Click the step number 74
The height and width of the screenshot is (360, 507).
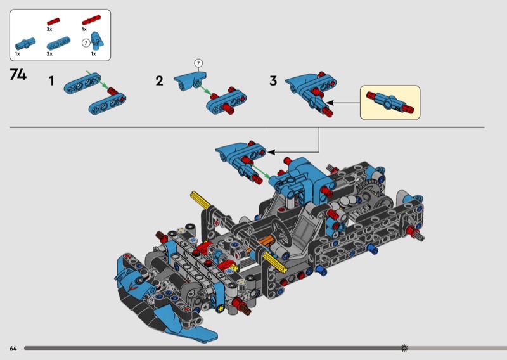tap(18, 75)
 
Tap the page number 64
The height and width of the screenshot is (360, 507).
tap(13, 349)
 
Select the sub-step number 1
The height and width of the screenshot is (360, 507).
tap(51, 80)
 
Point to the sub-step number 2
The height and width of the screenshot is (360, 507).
tap(159, 81)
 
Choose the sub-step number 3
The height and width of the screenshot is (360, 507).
tap(273, 81)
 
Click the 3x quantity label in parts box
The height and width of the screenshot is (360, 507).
tap(49, 29)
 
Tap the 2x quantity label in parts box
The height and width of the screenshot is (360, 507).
tap(49, 54)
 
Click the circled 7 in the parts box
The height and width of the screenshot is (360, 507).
tap(86, 42)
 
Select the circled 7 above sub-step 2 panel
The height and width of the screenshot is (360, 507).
tap(198, 63)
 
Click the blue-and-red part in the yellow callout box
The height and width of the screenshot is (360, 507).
tap(390, 102)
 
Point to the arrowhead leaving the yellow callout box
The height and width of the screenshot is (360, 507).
tap(330, 103)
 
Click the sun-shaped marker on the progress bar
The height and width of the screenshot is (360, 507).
tap(404, 348)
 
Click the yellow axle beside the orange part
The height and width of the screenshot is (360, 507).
tap(274, 262)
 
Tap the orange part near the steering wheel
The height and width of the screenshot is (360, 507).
tap(267, 241)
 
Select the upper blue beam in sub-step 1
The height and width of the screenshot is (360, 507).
tap(82, 84)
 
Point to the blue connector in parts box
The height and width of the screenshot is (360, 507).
tap(25, 44)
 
